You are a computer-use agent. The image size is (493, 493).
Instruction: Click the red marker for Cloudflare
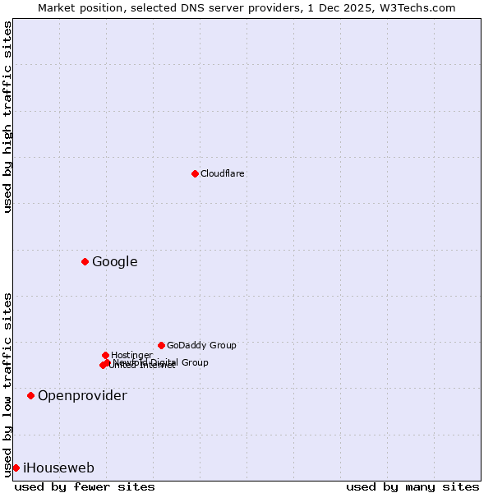(195, 173)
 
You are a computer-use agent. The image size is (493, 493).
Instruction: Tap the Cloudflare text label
(222, 173)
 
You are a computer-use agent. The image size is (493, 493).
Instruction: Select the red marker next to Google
(85, 261)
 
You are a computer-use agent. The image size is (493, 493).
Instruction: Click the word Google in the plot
(114, 262)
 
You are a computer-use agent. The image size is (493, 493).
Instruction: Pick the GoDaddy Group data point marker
(161, 345)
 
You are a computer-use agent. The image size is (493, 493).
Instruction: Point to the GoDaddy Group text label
(200, 345)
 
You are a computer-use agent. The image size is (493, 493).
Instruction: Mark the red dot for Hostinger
(105, 355)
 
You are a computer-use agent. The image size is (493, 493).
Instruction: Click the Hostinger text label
(131, 355)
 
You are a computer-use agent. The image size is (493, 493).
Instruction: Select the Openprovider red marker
(30, 395)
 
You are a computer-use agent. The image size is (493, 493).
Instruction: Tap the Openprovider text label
(82, 396)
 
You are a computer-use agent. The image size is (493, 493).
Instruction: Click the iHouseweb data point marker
(16, 468)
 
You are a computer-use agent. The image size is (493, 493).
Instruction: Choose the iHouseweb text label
(58, 468)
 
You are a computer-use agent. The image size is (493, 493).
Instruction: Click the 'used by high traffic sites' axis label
(7, 117)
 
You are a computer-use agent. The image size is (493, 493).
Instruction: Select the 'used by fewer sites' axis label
(85, 486)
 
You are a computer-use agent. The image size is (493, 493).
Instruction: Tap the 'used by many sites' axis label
(412, 486)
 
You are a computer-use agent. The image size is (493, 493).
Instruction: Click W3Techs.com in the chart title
(422, 7)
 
